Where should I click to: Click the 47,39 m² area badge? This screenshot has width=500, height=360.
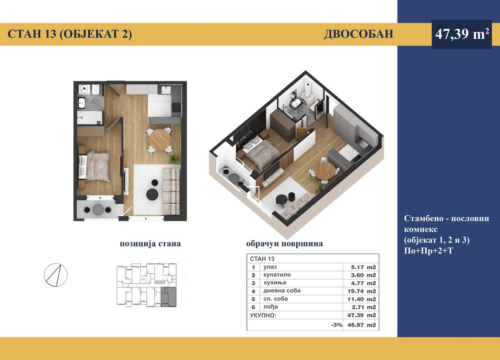click(x=462, y=34)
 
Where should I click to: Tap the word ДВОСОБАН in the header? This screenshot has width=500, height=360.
click(x=359, y=34)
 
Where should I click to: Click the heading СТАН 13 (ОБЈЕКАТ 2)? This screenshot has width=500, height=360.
click(x=70, y=34)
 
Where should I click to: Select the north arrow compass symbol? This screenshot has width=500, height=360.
click(x=56, y=275)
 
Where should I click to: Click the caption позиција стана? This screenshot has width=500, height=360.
click(x=150, y=244)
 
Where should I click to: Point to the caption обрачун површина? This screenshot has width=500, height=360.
click(x=284, y=244)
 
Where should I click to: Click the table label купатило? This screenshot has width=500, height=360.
click(x=277, y=275)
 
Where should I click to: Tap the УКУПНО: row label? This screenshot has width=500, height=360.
click(x=263, y=315)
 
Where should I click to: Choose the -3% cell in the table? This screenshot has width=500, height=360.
click(x=337, y=325)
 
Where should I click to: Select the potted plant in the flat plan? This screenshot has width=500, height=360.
click(x=174, y=159)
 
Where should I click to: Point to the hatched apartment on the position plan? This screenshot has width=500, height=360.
click(x=169, y=297)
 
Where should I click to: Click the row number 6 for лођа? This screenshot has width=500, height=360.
click(x=254, y=307)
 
